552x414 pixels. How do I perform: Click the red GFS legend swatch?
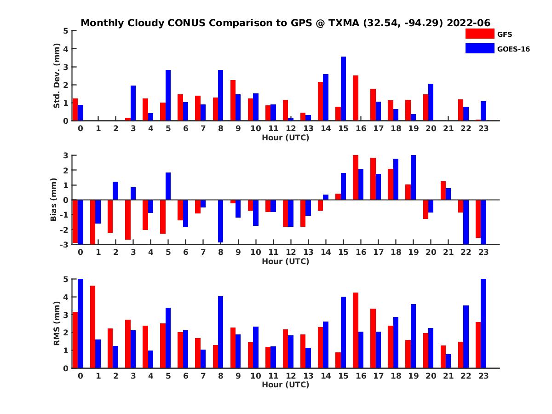480,34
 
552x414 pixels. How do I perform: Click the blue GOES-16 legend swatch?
480,48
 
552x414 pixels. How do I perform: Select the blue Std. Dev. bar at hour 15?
343,89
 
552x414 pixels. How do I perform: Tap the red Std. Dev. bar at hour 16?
356,98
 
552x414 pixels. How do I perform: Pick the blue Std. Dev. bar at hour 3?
133,103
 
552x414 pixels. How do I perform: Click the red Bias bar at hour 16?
356,178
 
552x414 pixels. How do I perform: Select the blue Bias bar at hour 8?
220,221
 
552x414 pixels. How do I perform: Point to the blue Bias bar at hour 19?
413,178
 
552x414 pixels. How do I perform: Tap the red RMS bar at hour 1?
92,327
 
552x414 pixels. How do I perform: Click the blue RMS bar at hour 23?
483,323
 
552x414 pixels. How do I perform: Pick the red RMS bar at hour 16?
356,330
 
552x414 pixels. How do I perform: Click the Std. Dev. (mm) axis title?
57,76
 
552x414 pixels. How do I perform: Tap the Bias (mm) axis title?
54,200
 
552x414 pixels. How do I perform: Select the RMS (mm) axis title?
57,323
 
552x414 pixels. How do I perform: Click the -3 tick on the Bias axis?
65,244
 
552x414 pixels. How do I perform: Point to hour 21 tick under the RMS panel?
448,375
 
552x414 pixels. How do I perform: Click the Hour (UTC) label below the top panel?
285,137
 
